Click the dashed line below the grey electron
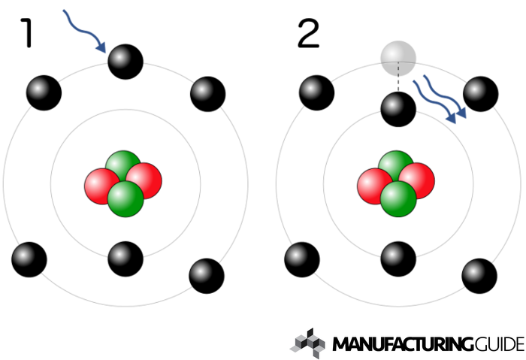pos(398,84)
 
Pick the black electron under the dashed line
pos(398,109)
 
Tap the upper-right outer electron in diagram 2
pos(480,93)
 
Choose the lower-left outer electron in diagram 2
pos(302,259)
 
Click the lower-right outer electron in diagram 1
pos(206,276)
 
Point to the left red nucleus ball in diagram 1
pos(103,186)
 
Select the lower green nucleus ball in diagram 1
pos(125,198)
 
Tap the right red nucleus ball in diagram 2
pos(416,181)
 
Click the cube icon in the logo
pos(307,342)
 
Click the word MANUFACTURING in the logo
pos(403,345)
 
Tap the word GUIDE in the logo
pos(499,345)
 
